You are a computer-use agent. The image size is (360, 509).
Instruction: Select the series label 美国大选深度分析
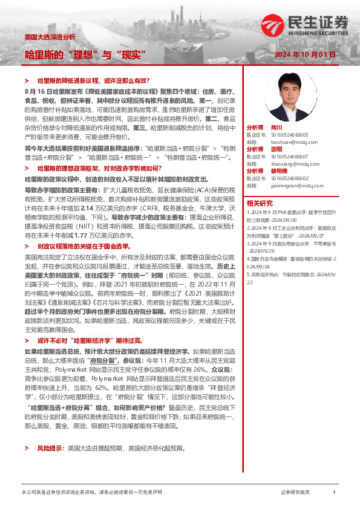pyautogui.click(x=50, y=37)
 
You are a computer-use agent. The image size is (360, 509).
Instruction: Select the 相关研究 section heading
pyautogui.click(x=259, y=203)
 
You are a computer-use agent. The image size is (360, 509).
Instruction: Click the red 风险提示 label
pyautogui.click(x=51, y=448)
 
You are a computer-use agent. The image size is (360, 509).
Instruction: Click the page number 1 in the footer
pyautogui.click(x=334, y=493)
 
